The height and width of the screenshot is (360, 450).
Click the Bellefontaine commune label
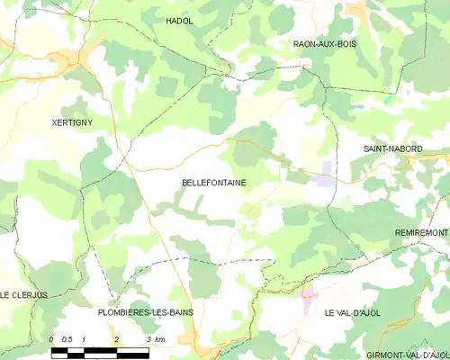214,183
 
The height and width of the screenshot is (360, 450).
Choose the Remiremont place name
421,232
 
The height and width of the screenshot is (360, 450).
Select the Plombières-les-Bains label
145,312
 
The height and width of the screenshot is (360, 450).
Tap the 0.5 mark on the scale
67,339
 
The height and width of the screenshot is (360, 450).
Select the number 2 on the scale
116,339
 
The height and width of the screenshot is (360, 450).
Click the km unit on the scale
159,339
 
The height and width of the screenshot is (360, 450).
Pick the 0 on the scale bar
52,339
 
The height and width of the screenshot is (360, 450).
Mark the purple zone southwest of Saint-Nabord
321,179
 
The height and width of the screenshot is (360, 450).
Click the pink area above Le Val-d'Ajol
308,293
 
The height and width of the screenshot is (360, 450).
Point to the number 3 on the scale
148,339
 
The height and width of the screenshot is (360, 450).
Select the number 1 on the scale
84,339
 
